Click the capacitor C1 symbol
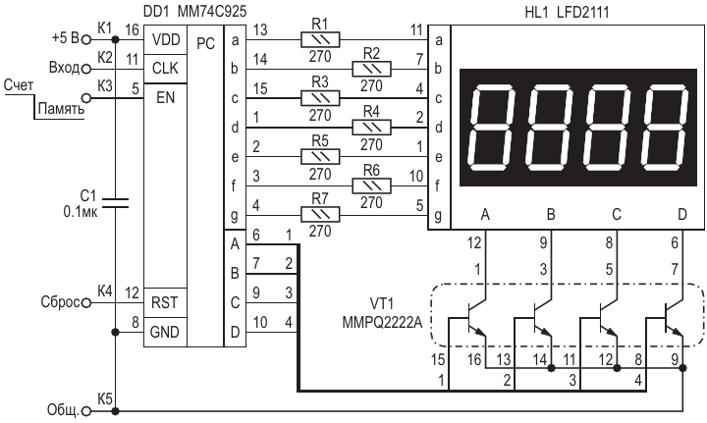pyautogui.click(x=115, y=203)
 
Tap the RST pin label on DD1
pyautogui.click(x=165, y=303)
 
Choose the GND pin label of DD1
pyautogui.click(x=165, y=333)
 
